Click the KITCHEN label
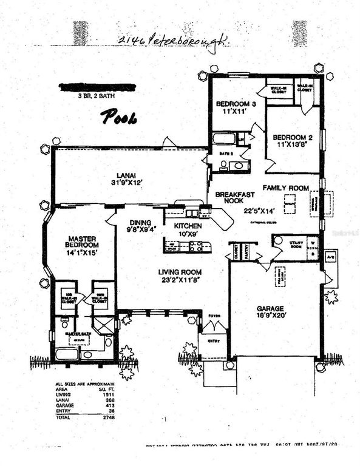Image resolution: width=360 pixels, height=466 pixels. [x=188, y=226]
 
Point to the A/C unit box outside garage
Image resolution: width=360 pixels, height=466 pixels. [x=331, y=256]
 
